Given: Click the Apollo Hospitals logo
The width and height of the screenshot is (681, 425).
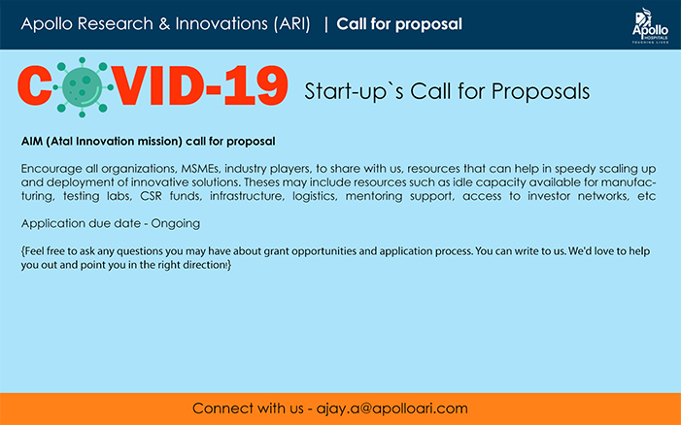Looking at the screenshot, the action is click(650, 25).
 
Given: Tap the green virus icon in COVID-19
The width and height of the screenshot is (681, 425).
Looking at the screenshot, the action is click(83, 87).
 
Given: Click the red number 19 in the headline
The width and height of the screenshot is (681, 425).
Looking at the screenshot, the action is click(256, 85).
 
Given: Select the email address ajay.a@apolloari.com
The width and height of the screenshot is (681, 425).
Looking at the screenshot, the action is click(392, 409).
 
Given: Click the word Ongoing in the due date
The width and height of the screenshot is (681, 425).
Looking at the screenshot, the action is click(176, 224).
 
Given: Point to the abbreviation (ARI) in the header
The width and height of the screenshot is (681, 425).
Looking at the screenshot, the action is click(292, 24).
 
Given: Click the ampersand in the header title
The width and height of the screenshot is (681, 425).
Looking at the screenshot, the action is click(164, 24).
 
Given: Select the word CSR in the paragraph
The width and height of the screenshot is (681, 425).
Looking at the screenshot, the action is click(151, 196).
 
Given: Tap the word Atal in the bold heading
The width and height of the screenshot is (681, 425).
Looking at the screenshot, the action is click(61, 142).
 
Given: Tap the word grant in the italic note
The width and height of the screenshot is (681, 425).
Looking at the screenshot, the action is click(275, 251).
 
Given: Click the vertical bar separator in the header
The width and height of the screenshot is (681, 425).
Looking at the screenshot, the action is click(326, 24).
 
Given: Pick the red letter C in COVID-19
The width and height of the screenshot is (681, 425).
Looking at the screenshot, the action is click(35, 85).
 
